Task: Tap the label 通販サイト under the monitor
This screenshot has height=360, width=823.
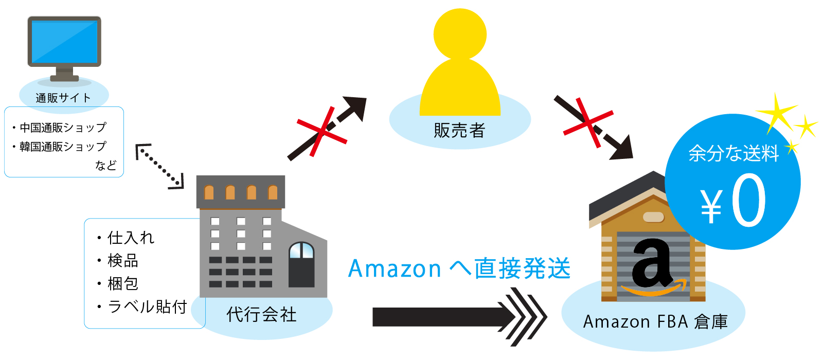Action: tap(63, 98)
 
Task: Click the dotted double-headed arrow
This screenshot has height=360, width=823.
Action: tap(159, 166)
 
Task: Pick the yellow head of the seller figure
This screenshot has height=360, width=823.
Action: tap(460, 34)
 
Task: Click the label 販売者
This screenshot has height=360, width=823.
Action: tap(459, 131)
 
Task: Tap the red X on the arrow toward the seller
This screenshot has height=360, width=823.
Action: tap(322, 132)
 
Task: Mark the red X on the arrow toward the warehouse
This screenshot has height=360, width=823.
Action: tap(588, 122)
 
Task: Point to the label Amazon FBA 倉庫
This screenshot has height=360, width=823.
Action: tap(655, 322)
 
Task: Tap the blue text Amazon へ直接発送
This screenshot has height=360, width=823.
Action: tap(459, 268)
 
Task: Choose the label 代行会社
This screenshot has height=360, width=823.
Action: tap(261, 314)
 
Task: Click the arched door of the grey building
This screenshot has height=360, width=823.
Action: tap(301, 264)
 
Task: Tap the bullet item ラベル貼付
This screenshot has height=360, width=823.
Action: tap(147, 307)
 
